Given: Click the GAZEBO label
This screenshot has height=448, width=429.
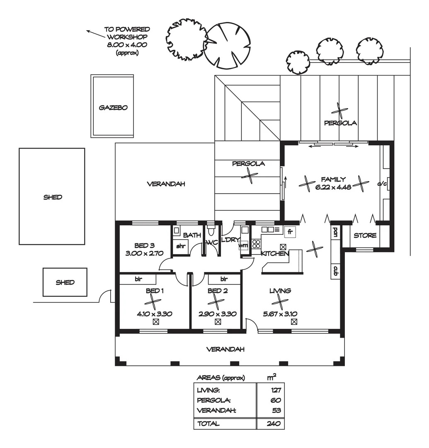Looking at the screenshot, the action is [113, 108].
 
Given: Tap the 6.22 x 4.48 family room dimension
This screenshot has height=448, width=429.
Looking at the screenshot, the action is [333, 187].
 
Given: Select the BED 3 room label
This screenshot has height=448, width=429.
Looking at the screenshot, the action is [144, 246].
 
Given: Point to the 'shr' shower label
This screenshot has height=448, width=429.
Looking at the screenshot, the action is [181, 246].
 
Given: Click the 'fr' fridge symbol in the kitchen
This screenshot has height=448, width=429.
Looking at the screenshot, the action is [290, 232].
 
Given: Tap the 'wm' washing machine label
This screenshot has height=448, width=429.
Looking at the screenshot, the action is [244, 246].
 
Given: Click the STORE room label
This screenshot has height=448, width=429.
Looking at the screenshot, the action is [365, 236].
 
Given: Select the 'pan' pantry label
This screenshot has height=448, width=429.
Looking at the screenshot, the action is [335, 232].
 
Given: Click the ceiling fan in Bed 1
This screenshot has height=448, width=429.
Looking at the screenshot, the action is [153, 302].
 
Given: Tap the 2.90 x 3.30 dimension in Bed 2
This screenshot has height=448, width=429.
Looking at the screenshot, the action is [218, 314].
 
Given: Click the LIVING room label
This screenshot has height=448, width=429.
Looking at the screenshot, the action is [280, 291].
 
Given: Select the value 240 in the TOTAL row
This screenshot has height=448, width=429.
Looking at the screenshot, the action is [274, 424].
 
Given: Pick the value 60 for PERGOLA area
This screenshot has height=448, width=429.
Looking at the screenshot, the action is [276, 400].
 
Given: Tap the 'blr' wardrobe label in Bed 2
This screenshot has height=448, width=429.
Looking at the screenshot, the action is [224, 279].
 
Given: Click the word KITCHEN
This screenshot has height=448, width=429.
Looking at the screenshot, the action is [275, 253].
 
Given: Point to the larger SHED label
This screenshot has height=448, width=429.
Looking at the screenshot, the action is [53, 197].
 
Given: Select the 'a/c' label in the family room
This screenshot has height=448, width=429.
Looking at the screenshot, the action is [382, 184].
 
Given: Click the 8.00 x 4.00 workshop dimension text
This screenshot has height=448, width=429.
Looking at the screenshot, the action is [127, 45].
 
